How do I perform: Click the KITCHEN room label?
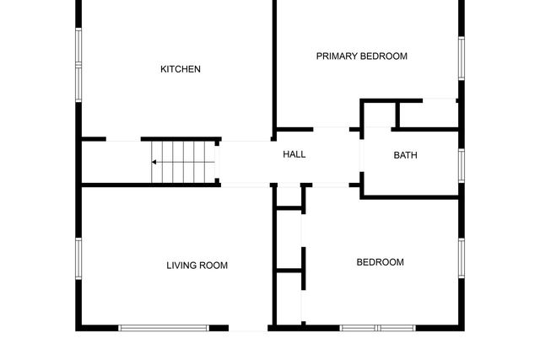[x=181, y=69]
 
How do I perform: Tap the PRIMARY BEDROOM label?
[x=361, y=56]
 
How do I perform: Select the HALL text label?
[x=294, y=154]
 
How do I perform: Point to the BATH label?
[x=405, y=155]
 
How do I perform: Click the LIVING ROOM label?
[x=197, y=266]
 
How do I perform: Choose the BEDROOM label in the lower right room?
[x=380, y=262]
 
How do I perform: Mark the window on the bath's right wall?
[x=461, y=165]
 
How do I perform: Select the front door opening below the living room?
[x=248, y=327]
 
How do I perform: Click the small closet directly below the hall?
[x=289, y=196]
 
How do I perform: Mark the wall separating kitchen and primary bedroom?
[x=273, y=63]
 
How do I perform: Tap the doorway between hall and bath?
[x=361, y=154]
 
